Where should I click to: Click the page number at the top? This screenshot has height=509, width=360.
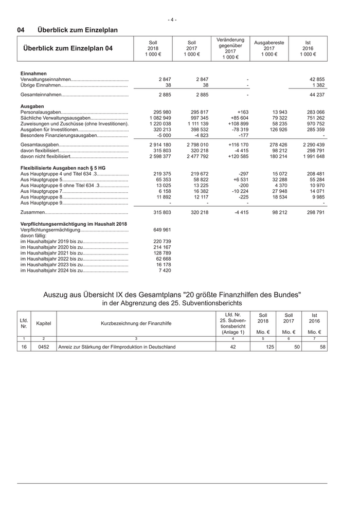172,20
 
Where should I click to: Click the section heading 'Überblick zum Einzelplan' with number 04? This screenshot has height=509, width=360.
67,30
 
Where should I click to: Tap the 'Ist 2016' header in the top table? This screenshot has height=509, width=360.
308,48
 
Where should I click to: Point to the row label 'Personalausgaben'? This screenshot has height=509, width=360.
41,112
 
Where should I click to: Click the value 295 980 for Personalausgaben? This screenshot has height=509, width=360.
163,112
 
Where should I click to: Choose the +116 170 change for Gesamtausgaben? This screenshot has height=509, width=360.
238,146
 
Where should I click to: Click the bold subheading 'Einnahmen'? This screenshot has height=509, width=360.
33,74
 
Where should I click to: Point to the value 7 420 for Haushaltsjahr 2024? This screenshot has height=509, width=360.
166,270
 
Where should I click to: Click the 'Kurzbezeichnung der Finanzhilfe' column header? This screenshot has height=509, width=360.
136,323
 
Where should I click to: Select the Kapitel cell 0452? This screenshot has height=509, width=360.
44,347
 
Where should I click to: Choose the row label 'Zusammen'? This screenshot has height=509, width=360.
32,212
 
